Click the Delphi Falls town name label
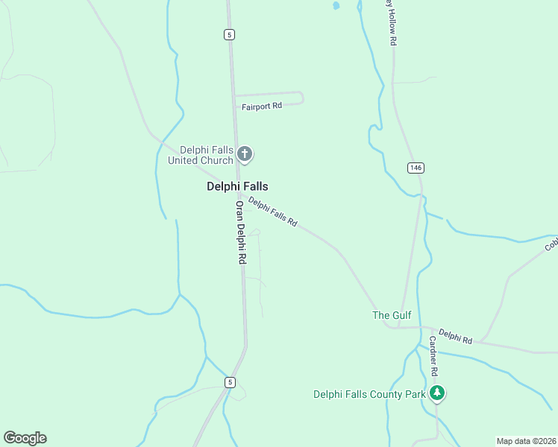237,187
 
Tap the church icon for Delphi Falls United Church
245,155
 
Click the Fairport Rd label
261,106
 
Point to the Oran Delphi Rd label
240,232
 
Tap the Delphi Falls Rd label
273,212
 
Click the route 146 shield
416,168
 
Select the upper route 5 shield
229,34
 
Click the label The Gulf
392,315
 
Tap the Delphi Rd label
455,336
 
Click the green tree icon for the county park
438,393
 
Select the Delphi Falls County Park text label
369,393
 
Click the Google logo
25,438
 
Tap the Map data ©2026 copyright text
526,441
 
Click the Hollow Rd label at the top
391,23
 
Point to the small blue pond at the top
336,6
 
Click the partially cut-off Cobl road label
551,244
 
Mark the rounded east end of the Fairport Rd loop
301,98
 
